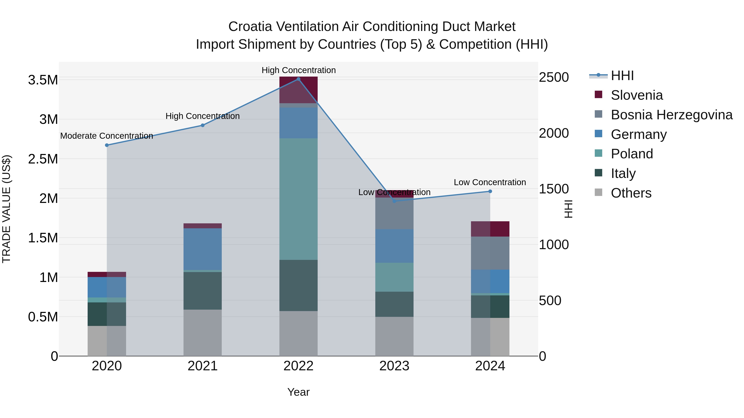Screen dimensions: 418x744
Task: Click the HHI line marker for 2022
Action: pyautogui.click(x=298, y=79)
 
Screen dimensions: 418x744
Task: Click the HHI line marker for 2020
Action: pyautogui.click(x=107, y=145)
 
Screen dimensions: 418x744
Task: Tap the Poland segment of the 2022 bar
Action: pyautogui.click(x=298, y=199)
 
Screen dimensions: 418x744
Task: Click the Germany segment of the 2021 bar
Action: pyautogui.click(x=203, y=249)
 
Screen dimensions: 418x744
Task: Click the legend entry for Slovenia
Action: pyautogui.click(x=636, y=95)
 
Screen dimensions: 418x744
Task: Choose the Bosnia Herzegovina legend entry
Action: pyautogui.click(x=671, y=115)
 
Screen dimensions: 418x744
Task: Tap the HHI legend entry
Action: pyautogui.click(x=622, y=76)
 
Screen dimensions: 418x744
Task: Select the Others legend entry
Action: pyautogui.click(x=631, y=193)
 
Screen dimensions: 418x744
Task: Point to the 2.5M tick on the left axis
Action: pyautogui.click(x=43, y=159)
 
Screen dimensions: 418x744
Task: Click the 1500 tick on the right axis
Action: pyautogui.click(x=553, y=189)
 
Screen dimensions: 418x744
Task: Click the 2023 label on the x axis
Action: pyautogui.click(x=394, y=366)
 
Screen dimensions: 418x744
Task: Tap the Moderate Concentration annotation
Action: pyautogui.click(x=107, y=136)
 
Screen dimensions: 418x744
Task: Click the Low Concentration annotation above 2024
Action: pyautogui.click(x=490, y=182)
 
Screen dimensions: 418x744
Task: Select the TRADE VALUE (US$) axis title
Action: pyautogui.click(x=6, y=209)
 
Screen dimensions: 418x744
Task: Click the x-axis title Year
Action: pyautogui.click(x=298, y=392)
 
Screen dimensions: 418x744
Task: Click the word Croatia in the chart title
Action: pyautogui.click(x=250, y=27)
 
